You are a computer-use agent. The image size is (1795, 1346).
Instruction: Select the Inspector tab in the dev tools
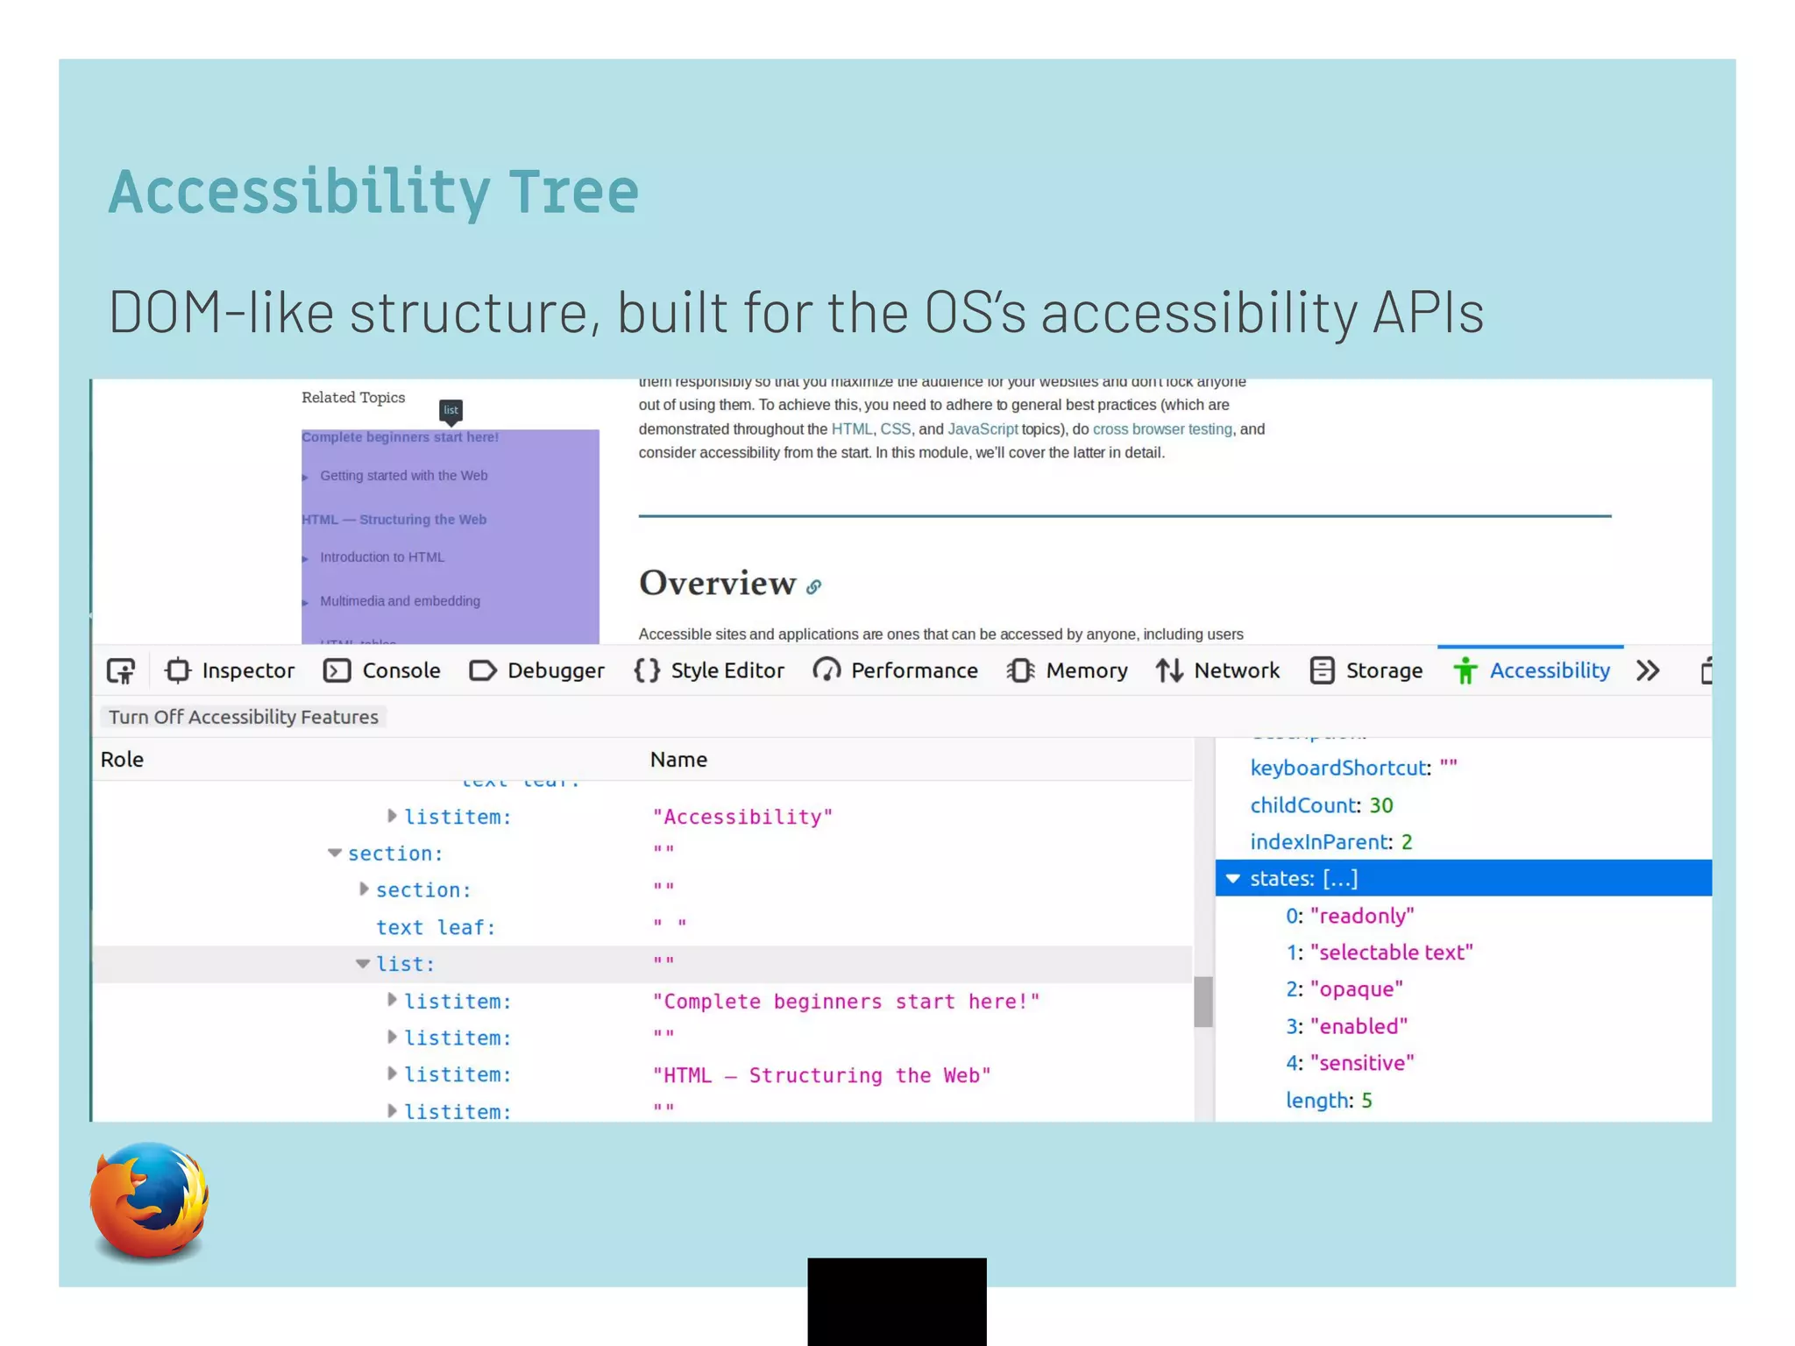click(x=231, y=671)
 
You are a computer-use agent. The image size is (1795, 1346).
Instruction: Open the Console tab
click(x=382, y=671)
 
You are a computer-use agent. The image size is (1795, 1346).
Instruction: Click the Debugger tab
click(x=537, y=671)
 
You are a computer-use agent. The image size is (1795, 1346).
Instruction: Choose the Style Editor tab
click(x=709, y=671)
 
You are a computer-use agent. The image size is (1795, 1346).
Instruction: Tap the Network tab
click(x=1217, y=671)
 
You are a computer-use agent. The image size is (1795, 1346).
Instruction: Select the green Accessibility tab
click(x=1531, y=671)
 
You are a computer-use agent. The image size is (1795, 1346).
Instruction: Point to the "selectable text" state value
click(x=1391, y=953)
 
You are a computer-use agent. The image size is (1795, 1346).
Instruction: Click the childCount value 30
click(x=1380, y=805)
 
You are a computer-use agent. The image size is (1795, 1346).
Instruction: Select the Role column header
click(x=122, y=760)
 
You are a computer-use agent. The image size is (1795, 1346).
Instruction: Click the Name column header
click(x=678, y=760)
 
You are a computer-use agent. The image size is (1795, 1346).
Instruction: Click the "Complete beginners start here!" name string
click(x=846, y=1002)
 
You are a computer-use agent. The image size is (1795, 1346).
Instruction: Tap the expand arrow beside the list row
click(x=362, y=964)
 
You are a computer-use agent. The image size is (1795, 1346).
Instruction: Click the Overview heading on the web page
click(x=717, y=583)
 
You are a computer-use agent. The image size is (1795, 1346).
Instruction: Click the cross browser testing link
click(x=1161, y=429)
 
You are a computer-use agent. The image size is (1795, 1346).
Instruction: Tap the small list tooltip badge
click(x=451, y=410)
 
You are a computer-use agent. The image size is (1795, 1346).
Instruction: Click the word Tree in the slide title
click(x=574, y=191)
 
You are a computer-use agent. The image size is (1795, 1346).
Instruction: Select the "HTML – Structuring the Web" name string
click(x=821, y=1075)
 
